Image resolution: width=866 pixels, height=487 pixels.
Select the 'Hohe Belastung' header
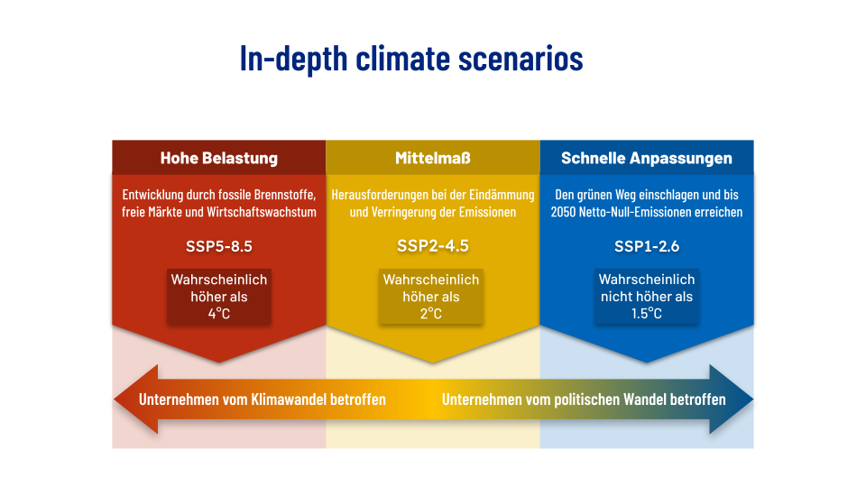(219, 158)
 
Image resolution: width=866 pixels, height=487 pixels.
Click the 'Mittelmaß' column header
(433, 158)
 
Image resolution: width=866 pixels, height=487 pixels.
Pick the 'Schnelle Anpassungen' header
(647, 158)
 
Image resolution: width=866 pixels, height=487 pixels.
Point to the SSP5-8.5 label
(219, 246)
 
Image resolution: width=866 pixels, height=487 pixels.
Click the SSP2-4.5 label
(433, 245)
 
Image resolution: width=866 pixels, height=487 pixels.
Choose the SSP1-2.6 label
(647, 246)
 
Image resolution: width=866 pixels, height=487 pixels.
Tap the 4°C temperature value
(219, 314)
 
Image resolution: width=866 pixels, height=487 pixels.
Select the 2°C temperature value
(431, 314)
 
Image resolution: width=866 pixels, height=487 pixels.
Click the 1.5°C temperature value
(647, 314)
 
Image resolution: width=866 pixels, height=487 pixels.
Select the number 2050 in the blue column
(563, 212)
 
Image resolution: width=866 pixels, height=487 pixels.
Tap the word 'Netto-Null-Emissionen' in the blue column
(632, 212)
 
